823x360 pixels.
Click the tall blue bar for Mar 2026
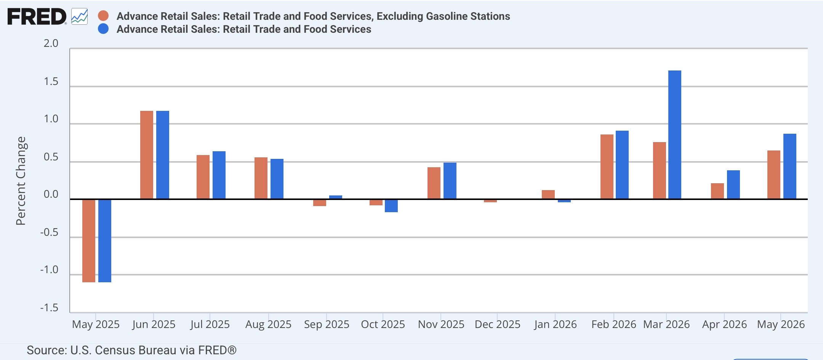point(675,135)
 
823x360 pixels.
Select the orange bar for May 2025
point(89,241)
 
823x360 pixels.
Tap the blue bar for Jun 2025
point(163,155)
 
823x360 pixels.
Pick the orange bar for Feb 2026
point(607,167)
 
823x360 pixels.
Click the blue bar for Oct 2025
point(391,206)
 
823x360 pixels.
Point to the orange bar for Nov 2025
point(434,183)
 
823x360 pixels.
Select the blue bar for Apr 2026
point(733,185)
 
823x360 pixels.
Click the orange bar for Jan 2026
point(548,195)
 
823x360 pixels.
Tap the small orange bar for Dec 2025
point(490,201)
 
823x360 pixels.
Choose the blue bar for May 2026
point(790,166)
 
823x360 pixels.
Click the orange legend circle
point(103,16)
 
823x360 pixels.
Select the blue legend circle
point(103,29)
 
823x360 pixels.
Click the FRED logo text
point(37,17)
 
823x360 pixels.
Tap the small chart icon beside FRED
point(79,17)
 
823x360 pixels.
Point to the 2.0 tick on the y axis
point(51,43)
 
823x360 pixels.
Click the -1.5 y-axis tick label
point(50,308)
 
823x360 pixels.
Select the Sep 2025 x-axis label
point(327,324)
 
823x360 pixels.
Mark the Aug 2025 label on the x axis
point(268,325)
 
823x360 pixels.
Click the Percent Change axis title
point(21,181)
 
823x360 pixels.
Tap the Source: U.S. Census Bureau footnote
point(131,350)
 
